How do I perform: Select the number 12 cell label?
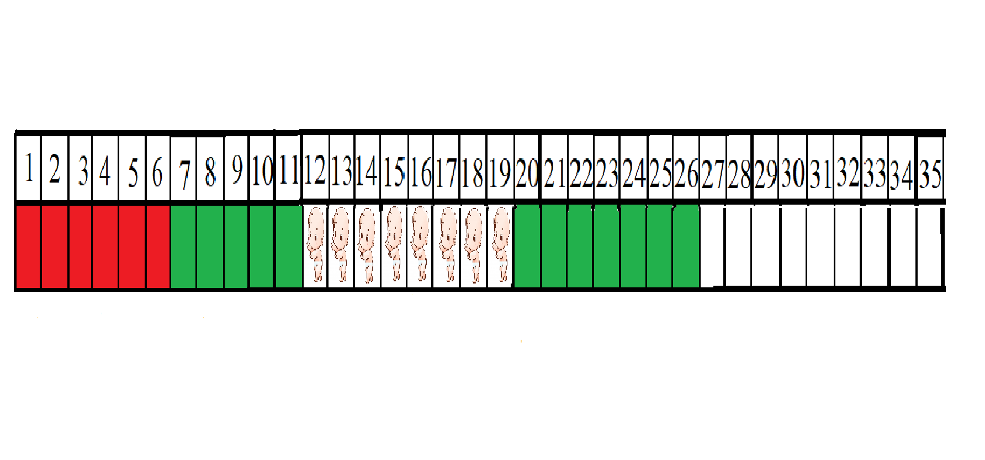pos(315,170)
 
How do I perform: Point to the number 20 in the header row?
pos(527,173)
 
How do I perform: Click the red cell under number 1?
pos(28,246)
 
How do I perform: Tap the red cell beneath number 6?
pos(158,246)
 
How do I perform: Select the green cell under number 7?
pos(183,246)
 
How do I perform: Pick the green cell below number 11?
pos(289,246)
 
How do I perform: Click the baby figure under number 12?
pos(316,244)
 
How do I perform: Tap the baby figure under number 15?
pos(394,244)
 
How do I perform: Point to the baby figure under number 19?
pos(501,244)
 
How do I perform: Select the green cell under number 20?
pos(527,246)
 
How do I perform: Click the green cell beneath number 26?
pos(686,246)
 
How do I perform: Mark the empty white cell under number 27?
pos(713,246)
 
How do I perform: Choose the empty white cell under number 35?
pos(930,246)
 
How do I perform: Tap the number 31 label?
pos(820,174)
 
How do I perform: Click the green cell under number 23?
pos(607,246)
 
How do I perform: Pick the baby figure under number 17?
pos(447,244)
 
